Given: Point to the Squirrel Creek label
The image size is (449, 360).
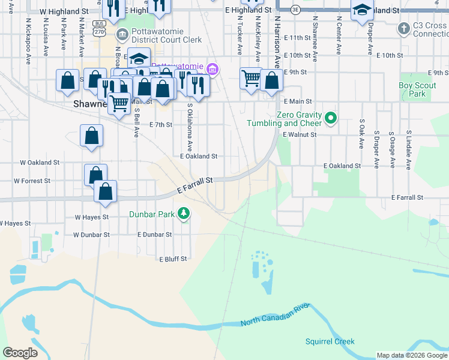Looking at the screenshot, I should (x=330, y=342).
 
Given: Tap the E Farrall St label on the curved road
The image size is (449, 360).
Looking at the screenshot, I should (x=196, y=185).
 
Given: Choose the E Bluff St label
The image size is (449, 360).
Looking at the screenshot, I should (x=173, y=259).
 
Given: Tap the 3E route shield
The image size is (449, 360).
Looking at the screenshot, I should (x=295, y=10).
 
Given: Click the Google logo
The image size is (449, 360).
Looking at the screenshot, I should (x=20, y=353).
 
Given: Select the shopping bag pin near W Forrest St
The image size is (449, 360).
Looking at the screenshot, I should (x=95, y=175).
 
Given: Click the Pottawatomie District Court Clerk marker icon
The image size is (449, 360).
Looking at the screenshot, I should (x=123, y=34).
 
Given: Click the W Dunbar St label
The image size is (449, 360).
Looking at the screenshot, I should (x=92, y=235).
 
